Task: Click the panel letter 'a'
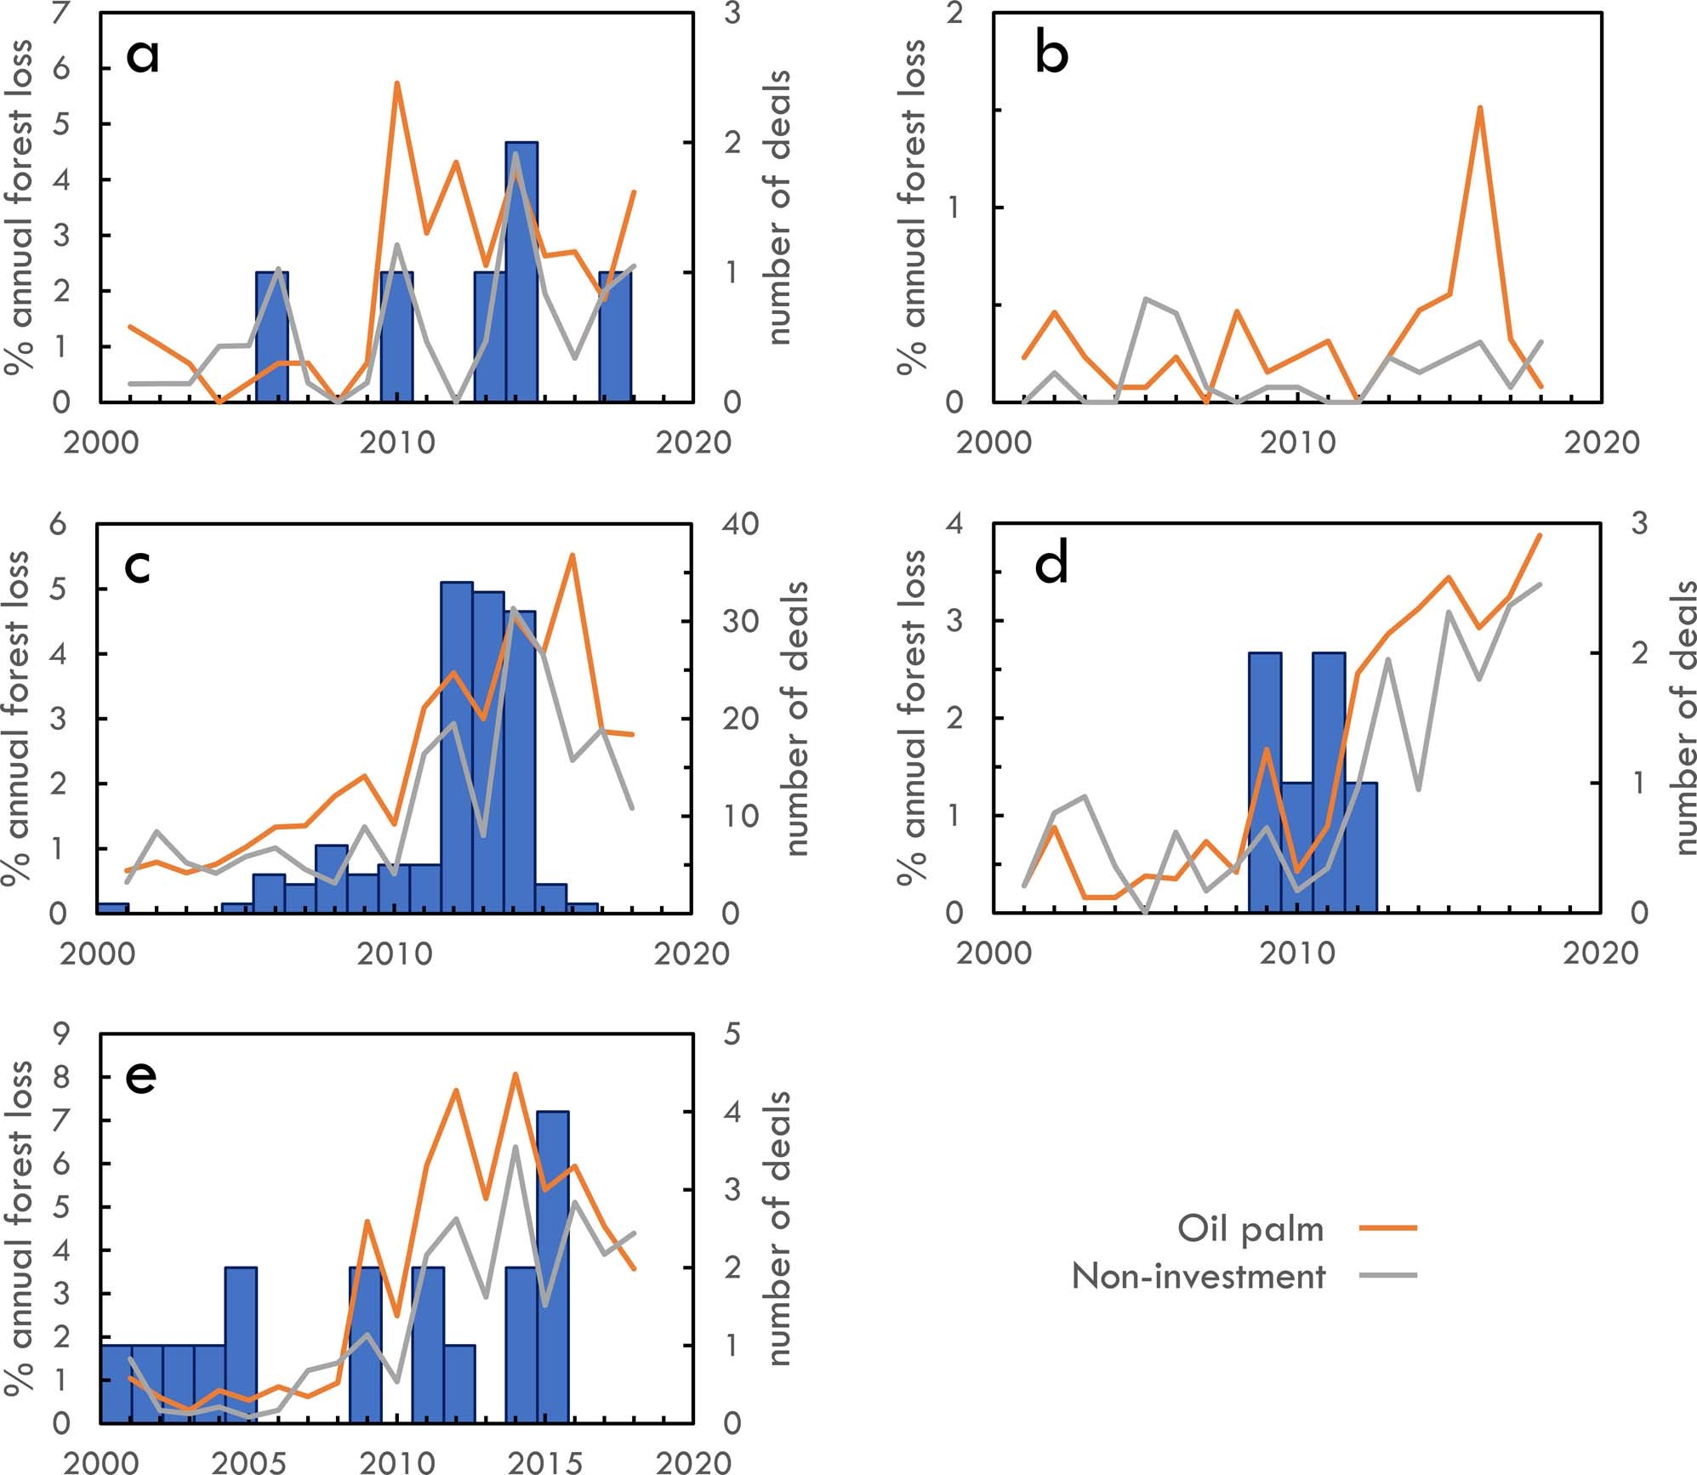click(142, 56)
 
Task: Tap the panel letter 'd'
click(1051, 566)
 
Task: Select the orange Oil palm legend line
click(1387, 1228)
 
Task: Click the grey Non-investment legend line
click(1387, 1275)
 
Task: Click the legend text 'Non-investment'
click(1198, 1276)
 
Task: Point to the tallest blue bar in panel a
click(521, 272)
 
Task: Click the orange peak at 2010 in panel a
click(396, 83)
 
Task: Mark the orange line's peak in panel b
click(1480, 108)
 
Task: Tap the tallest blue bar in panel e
click(553, 1267)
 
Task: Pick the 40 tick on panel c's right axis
click(739, 524)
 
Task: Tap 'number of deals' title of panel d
click(1684, 718)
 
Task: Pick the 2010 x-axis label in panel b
click(1298, 442)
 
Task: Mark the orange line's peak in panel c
click(572, 555)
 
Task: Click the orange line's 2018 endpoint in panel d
click(1540, 535)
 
